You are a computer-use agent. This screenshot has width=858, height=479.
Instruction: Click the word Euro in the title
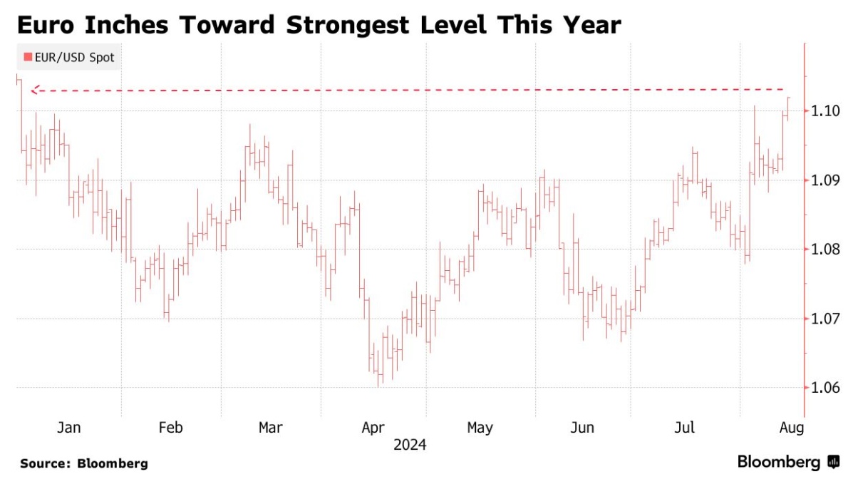(48, 25)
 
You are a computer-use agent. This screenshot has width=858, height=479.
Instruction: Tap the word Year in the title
(589, 25)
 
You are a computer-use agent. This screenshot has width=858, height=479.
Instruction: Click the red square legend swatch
(28, 58)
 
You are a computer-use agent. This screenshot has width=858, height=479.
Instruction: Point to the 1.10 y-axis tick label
(822, 110)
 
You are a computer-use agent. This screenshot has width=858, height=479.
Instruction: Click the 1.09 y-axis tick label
(822, 180)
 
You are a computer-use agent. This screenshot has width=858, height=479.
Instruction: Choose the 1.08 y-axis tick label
(822, 249)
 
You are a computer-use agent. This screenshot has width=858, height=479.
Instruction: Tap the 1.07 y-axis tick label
(822, 319)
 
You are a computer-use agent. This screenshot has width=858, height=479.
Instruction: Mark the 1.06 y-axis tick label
(822, 388)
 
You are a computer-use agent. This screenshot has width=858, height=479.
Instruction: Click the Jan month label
(68, 428)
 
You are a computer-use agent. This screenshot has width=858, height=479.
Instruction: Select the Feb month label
(170, 428)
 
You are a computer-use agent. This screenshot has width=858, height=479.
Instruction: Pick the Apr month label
(373, 428)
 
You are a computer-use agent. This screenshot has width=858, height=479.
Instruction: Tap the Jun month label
(582, 428)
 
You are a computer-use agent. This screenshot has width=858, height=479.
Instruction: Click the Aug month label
(791, 428)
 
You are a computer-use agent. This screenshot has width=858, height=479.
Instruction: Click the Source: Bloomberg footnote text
(84, 463)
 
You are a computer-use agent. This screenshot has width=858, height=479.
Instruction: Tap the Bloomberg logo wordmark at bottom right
(778, 462)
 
